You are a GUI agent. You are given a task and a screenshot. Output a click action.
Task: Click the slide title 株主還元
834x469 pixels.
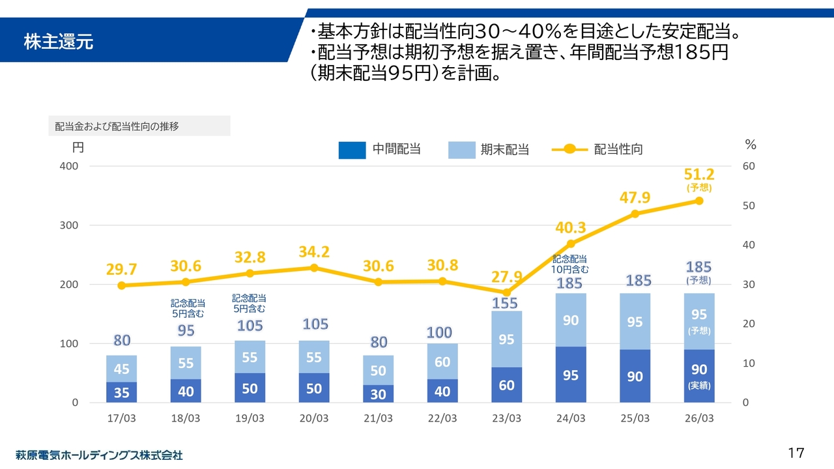59,42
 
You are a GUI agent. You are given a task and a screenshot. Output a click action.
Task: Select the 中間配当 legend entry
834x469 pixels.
379,149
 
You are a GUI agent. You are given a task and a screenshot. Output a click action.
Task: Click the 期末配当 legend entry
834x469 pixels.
489,149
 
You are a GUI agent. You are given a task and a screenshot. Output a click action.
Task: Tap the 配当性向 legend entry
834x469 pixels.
598,149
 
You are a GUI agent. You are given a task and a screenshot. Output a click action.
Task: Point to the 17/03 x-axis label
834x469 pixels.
122,419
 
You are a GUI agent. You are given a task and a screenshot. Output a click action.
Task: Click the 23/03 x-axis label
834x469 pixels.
507,419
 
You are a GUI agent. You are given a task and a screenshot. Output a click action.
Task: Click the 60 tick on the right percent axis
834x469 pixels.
749,166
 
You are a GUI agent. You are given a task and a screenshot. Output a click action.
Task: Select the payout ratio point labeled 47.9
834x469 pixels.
635,214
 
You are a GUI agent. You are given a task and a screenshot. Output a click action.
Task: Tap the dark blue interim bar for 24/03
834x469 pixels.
571,375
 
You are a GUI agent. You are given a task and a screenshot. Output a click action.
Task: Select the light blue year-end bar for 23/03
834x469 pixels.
507,339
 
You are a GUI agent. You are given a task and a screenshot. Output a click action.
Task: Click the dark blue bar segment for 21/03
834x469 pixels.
379,393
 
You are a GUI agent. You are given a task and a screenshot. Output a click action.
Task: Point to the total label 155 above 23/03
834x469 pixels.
505,304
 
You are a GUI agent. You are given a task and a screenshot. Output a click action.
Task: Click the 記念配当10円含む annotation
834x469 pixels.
570,264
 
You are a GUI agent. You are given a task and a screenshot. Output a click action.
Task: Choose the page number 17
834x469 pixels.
796,453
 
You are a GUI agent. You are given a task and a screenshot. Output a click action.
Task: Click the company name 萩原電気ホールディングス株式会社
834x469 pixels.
99,455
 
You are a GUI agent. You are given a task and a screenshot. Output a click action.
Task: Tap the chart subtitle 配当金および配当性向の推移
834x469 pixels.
117,126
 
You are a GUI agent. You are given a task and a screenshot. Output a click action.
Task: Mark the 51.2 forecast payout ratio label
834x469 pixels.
699,174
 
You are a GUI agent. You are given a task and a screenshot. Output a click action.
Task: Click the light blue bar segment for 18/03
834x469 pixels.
186,363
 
